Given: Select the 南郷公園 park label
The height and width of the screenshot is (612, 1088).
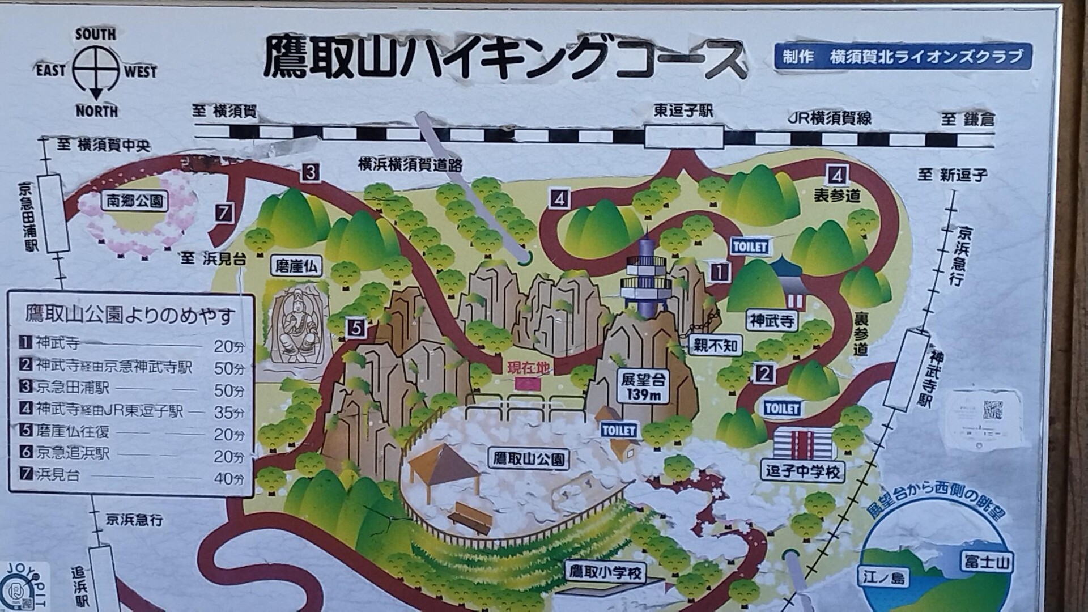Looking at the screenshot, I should click(135, 201).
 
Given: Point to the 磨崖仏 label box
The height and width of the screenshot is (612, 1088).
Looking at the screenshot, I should click(297, 265).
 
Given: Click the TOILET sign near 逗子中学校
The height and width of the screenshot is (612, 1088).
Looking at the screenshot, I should click(781, 408).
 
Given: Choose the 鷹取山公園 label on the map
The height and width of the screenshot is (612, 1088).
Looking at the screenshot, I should click(529, 458).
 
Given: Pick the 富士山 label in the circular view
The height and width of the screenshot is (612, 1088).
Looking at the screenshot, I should click(985, 563).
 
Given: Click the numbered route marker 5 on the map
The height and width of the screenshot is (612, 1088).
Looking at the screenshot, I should click(355, 328).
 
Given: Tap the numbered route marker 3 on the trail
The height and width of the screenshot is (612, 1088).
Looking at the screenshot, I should click(310, 172).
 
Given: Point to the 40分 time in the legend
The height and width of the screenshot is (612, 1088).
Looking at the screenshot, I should click(228, 478).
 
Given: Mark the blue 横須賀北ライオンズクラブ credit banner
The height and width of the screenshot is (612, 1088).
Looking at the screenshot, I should click(902, 57).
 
